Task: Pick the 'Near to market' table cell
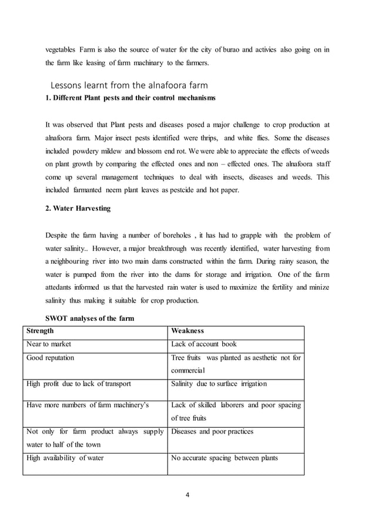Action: (x=49, y=344)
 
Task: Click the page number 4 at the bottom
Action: (x=187, y=494)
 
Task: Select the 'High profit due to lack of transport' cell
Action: (x=79, y=384)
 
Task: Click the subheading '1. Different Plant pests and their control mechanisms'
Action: (x=130, y=97)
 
